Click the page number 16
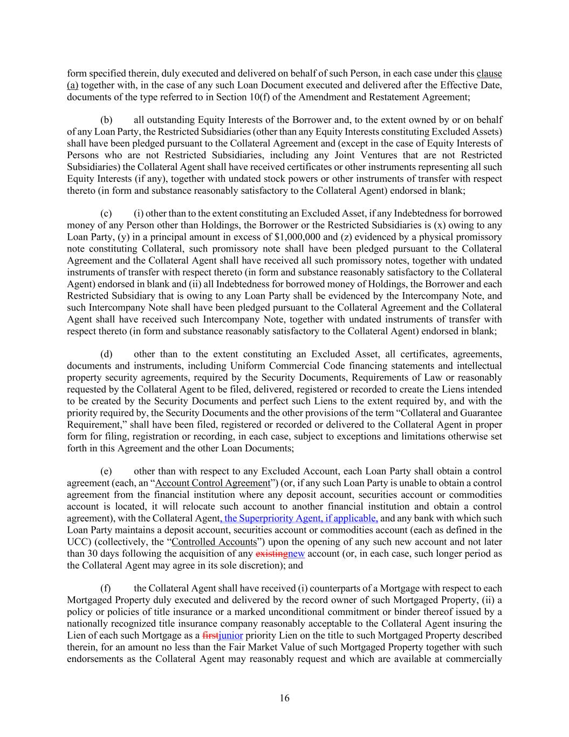click(x=285, y=698)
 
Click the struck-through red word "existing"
click(x=271, y=553)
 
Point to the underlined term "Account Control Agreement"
click(x=212, y=483)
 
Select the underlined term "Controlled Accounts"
click(x=213, y=542)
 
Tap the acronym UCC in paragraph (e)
click(x=77, y=542)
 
